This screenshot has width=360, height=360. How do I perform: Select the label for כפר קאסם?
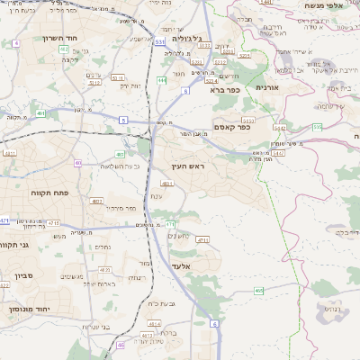pyautogui.click(x=231, y=128)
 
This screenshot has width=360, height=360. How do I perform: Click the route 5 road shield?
pyautogui.click(x=122, y=119)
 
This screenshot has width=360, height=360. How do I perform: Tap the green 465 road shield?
pyautogui.click(x=259, y=291)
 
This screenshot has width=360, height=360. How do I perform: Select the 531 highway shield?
pyautogui.click(x=159, y=41)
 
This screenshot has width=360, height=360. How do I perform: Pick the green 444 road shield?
pyautogui.click(x=161, y=81)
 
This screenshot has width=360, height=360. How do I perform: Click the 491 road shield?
pyautogui.click(x=41, y=113)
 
